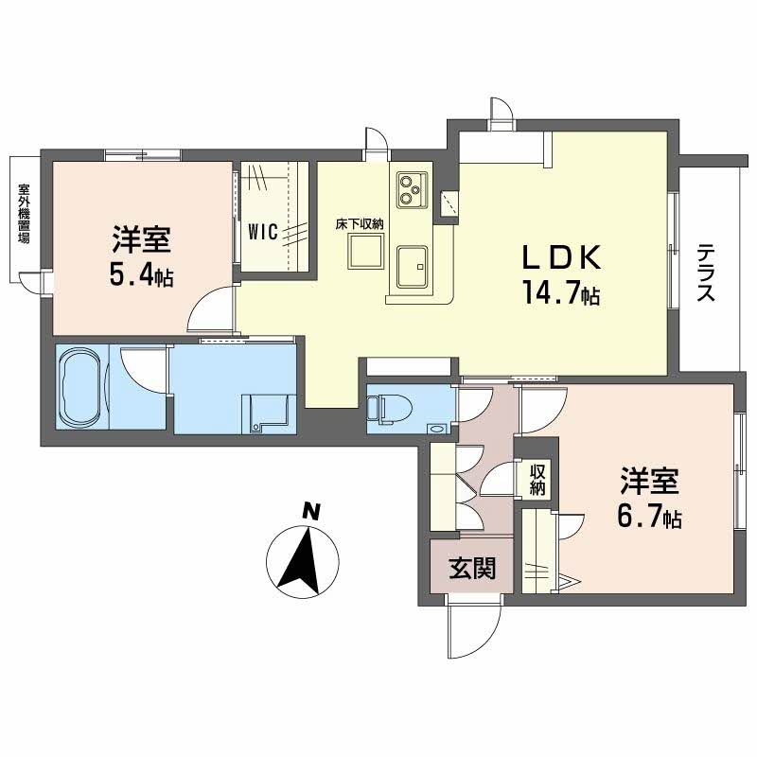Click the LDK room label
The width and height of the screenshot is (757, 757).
(x=558, y=258)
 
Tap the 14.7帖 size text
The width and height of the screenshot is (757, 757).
(x=558, y=294)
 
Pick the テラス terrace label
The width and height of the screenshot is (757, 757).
(x=706, y=273)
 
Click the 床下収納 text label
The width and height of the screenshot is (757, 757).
(x=359, y=224)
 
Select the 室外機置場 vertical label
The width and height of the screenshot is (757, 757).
(x=24, y=213)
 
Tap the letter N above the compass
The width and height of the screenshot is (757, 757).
(x=308, y=512)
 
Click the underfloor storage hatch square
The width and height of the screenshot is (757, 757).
(x=365, y=252)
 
